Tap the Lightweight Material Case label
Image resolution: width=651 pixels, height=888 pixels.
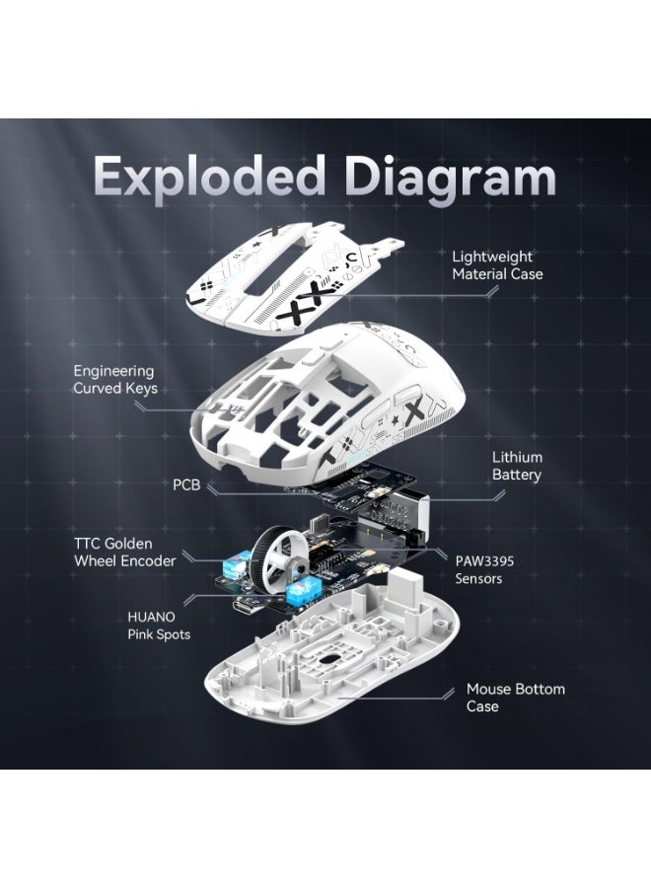(x=497, y=264)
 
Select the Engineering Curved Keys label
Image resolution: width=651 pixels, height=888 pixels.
(x=115, y=380)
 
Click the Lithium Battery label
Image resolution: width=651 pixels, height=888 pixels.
(x=517, y=467)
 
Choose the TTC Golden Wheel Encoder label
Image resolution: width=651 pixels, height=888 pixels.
(x=124, y=552)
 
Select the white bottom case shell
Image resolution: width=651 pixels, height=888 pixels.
(x=335, y=671)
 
